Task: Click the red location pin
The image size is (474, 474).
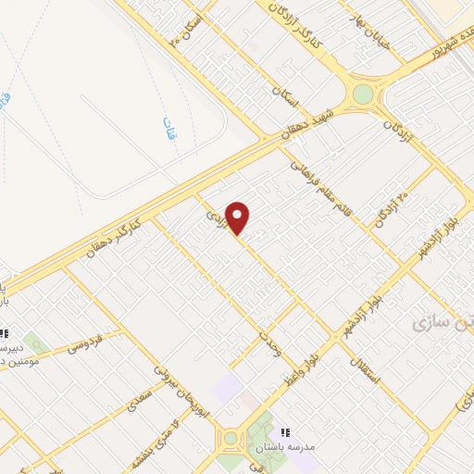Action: (x=239, y=218)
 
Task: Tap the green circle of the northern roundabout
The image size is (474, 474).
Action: (x=363, y=94)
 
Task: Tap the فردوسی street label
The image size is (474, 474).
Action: (x=83, y=343)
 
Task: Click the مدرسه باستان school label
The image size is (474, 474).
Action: (x=318, y=446)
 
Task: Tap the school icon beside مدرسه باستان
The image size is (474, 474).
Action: (x=285, y=431)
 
